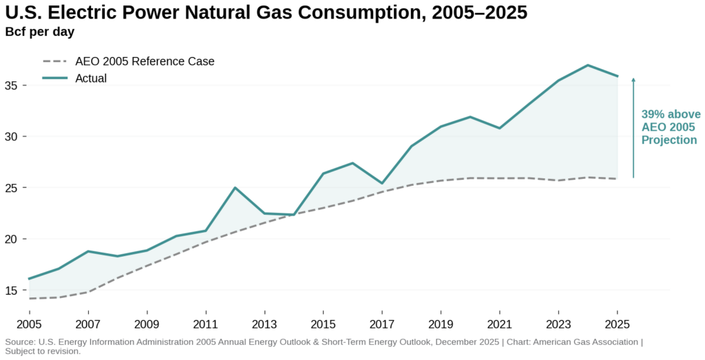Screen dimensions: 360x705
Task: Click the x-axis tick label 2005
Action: coord(29,324)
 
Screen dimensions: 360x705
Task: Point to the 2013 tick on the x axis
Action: coord(264,324)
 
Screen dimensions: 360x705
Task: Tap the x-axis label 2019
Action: coord(440,324)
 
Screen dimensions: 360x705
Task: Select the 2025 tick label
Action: coord(616,324)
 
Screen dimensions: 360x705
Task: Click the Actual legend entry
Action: coord(91,78)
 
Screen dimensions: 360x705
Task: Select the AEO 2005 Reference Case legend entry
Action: coord(145,61)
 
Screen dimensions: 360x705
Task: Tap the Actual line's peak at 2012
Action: coord(235,187)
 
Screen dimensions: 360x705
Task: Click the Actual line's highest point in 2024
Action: coord(587,65)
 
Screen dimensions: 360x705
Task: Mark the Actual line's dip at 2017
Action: coord(381,183)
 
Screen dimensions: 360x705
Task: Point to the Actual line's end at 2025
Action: coord(617,76)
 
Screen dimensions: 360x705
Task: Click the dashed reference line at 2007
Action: coord(88,292)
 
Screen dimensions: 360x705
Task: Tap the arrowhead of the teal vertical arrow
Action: coord(633,80)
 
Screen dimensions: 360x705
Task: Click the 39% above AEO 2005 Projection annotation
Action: coord(670,127)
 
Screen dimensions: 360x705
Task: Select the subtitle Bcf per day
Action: coord(40,32)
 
